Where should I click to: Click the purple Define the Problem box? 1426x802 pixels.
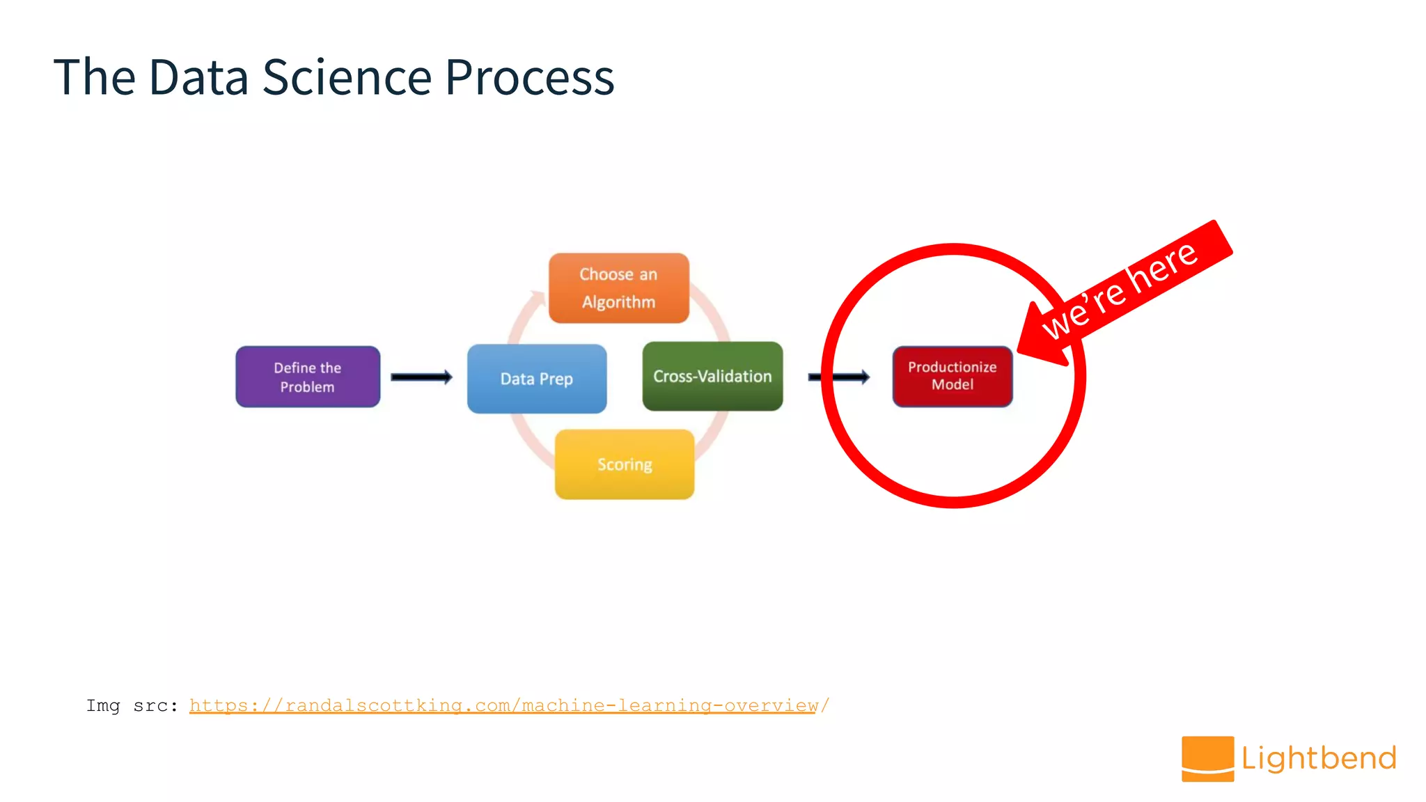point(308,377)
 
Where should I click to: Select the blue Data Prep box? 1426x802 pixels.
point(537,379)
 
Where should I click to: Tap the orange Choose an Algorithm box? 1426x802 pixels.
point(619,288)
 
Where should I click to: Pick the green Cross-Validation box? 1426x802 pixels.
point(712,376)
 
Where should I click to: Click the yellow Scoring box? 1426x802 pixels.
point(625,464)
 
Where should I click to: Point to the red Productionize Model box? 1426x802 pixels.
point(952,376)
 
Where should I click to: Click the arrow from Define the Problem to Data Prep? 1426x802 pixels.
point(421,377)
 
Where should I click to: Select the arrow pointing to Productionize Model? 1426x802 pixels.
point(839,377)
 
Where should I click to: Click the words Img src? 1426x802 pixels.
point(131,705)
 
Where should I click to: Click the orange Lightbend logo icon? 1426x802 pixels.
point(1207,758)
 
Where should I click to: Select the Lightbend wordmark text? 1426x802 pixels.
point(1319,758)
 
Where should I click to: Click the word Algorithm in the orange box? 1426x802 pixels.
point(618,302)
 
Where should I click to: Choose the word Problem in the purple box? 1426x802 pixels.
point(307,387)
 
